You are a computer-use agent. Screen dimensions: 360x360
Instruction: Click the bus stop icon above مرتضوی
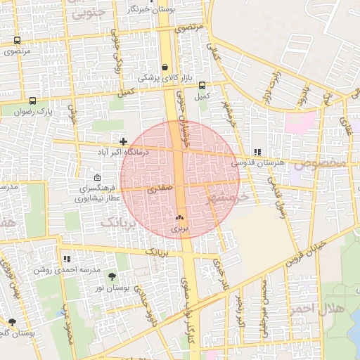[x=17, y=40]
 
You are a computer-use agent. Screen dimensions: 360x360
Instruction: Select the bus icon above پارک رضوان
[x=32, y=100]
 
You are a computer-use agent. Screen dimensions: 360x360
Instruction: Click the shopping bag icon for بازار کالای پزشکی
[x=165, y=67]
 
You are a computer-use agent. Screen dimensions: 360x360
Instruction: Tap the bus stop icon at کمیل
[x=202, y=84]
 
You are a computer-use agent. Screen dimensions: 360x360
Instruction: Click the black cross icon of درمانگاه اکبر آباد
[x=124, y=141]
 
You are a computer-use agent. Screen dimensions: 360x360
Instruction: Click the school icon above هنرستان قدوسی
[x=257, y=151]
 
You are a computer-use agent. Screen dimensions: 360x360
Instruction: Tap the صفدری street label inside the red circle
[x=159, y=189]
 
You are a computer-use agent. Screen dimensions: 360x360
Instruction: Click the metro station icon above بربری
[x=179, y=218]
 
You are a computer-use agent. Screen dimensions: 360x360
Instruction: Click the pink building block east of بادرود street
[x=301, y=121]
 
